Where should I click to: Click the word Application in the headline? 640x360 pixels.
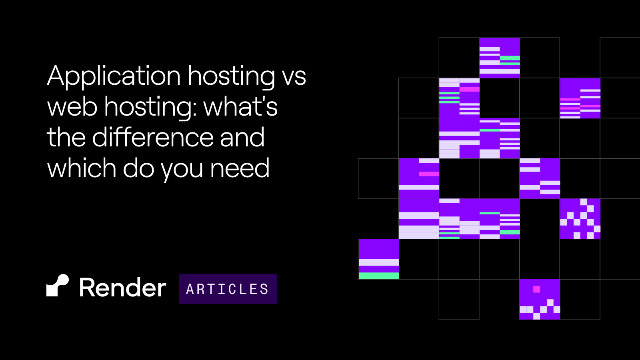pos(114,76)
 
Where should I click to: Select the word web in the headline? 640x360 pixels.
pos(72,106)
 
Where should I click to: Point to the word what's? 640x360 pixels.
pos(240,106)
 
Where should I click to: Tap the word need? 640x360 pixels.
pos(240,168)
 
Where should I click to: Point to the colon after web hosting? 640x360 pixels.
pos(195,110)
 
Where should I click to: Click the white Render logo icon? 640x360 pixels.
pos(58,286)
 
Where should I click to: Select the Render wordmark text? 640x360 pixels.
pos(122,287)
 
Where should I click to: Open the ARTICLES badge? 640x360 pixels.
pos(228,289)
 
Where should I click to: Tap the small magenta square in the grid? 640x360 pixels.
pos(536,290)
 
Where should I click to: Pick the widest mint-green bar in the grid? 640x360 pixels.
pos(378,276)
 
